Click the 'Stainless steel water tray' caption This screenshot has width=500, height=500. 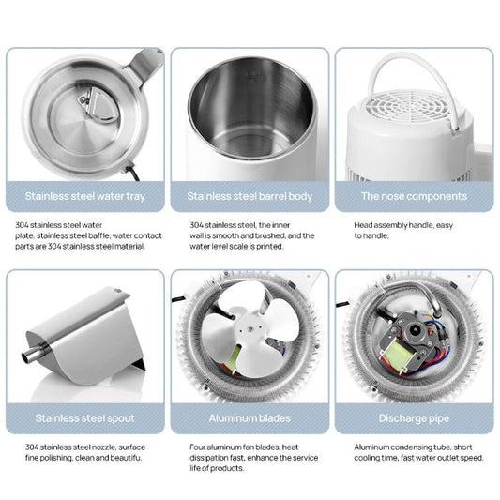(x=85, y=197)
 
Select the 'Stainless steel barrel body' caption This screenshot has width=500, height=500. (x=250, y=197)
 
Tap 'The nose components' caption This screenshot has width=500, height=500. (x=413, y=197)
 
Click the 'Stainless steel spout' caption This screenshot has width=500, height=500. (x=85, y=417)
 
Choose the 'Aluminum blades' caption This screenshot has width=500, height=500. (x=250, y=417)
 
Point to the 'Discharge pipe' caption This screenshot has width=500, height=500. (x=413, y=417)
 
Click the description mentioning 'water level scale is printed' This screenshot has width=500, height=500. (x=250, y=236)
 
